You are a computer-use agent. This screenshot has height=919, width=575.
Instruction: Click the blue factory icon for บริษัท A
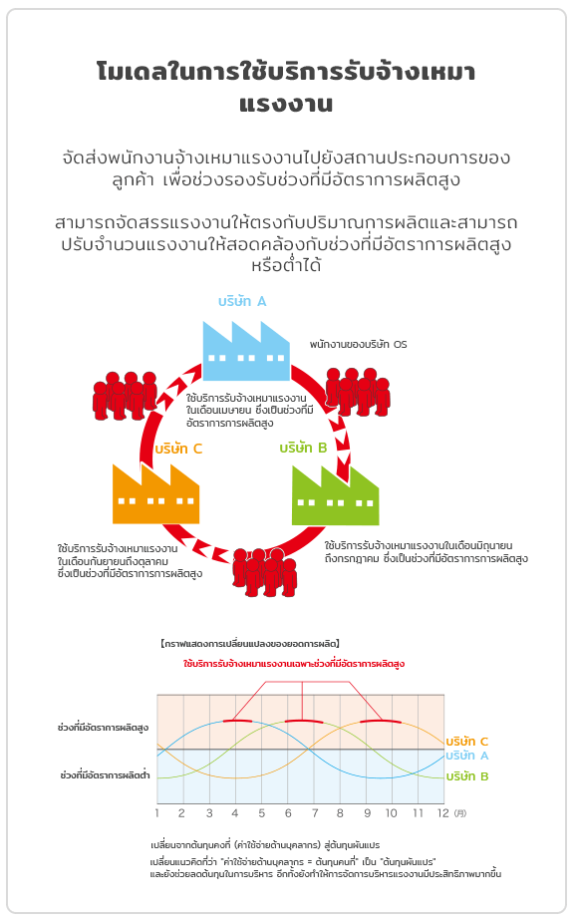246,351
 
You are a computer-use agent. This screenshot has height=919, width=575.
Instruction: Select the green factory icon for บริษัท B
335,495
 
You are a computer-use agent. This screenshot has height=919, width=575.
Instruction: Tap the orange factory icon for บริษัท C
155,494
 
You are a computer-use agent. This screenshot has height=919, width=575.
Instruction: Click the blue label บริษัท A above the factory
242,301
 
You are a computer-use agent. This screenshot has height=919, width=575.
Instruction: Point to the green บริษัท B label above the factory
303,448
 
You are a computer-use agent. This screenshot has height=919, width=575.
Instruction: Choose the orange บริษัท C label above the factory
178,449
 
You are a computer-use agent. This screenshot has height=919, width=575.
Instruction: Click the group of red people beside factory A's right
358,392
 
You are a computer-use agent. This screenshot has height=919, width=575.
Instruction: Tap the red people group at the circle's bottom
264,572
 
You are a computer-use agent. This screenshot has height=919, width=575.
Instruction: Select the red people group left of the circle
125,396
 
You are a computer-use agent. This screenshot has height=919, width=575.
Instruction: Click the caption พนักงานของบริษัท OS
358,344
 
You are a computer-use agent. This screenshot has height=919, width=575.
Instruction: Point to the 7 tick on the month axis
315,813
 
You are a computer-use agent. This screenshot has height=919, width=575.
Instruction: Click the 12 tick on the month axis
443,813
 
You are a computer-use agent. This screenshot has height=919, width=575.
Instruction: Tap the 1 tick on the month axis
157,813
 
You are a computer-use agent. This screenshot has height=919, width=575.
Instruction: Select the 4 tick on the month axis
235,813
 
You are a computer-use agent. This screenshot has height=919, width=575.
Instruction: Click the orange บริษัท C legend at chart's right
467,742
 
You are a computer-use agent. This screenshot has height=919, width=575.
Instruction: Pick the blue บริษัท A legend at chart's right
467,756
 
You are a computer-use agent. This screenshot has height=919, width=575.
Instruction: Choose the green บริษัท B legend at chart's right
467,776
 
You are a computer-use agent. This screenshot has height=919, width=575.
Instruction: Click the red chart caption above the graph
294,664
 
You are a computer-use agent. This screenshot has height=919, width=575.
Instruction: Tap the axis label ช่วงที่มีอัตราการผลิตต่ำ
105,774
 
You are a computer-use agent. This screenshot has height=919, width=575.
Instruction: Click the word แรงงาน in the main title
286,104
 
